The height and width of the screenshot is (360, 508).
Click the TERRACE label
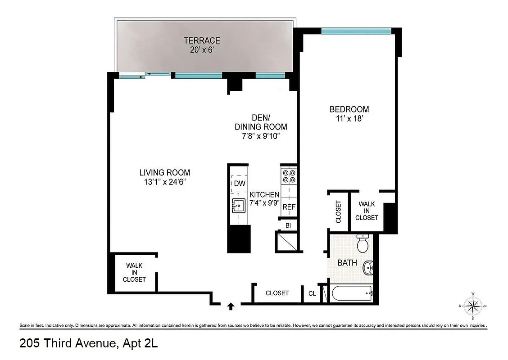tap(202, 40)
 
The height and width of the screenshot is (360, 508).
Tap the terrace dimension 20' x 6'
tap(202, 50)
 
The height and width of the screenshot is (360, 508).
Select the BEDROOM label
tap(349, 109)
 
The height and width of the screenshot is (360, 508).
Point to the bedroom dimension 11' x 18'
tap(349, 119)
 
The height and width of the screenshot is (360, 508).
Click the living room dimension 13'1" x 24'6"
tap(164, 182)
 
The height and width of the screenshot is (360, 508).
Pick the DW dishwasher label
tap(239, 184)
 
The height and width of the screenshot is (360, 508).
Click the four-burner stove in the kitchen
tap(288, 176)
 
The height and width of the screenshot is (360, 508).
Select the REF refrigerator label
tap(288, 207)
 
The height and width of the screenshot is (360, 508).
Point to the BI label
tap(288, 225)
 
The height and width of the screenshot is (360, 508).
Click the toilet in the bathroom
tap(363, 244)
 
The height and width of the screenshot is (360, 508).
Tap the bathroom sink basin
tap(369, 269)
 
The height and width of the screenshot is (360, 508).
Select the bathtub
tap(352, 294)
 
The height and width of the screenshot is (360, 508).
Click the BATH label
tap(347, 263)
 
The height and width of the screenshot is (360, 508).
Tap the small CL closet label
tap(312, 293)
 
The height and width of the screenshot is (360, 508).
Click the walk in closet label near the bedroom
tap(367, 211)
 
